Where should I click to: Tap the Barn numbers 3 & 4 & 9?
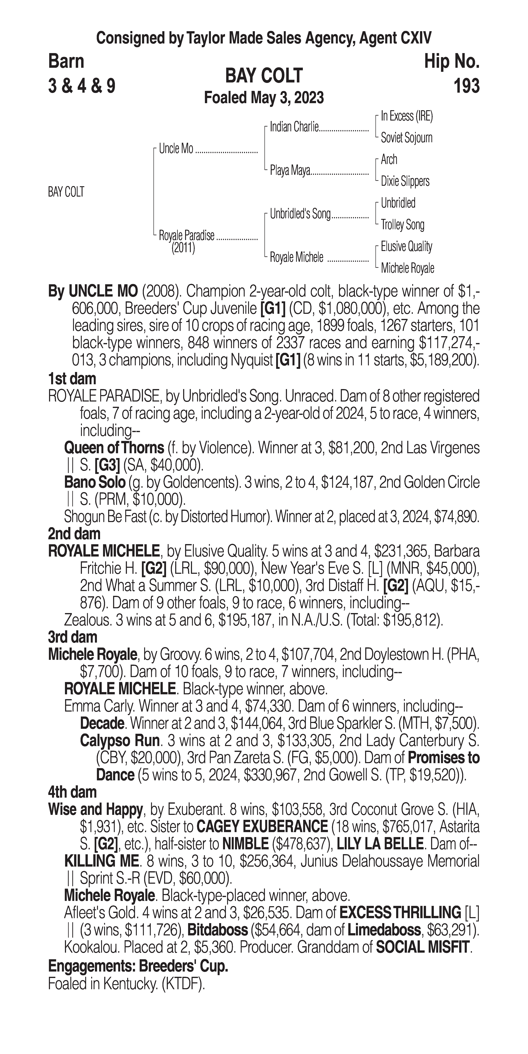pyautogui.click(x=81, y=86)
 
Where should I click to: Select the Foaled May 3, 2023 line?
pyautogui.click(x=264, y=98)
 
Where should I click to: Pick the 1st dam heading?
pyautogui.click(x=72, y=379)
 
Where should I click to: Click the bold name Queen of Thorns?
pyautogui.click(x=114, y=448)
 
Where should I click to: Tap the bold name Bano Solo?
pyautogui.click(x=94, y=483)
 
